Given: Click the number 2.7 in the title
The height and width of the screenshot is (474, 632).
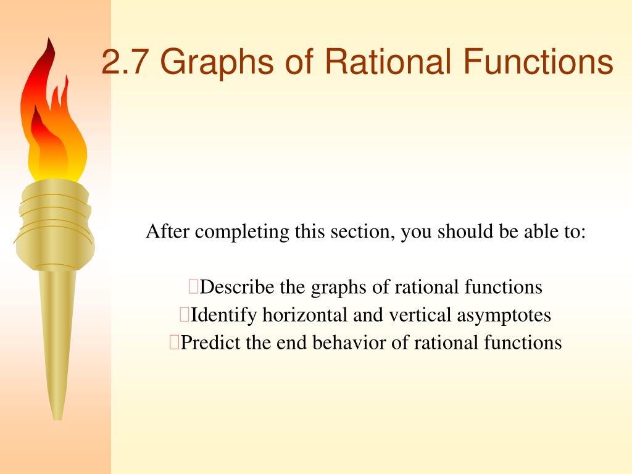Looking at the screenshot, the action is pos(125,62).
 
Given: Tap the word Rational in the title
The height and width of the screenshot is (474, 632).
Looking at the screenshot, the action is pos(388,61).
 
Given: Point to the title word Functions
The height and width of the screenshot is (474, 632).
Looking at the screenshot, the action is pos(538,61).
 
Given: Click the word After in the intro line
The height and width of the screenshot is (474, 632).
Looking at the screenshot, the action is pos(167,231).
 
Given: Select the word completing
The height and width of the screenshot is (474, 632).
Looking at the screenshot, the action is pos(242,233).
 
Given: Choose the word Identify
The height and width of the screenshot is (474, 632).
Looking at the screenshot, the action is pos(223,315).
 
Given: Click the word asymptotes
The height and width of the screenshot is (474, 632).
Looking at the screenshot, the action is pos(504,316).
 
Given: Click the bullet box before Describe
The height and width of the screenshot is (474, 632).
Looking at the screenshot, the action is pos(193,286).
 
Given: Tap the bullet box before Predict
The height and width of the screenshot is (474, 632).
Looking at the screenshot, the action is pos(174,342).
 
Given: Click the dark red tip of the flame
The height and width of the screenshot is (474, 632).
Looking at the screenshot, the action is pos(49,39).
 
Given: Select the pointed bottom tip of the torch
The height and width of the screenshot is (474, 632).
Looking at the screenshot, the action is pos(57,419).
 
